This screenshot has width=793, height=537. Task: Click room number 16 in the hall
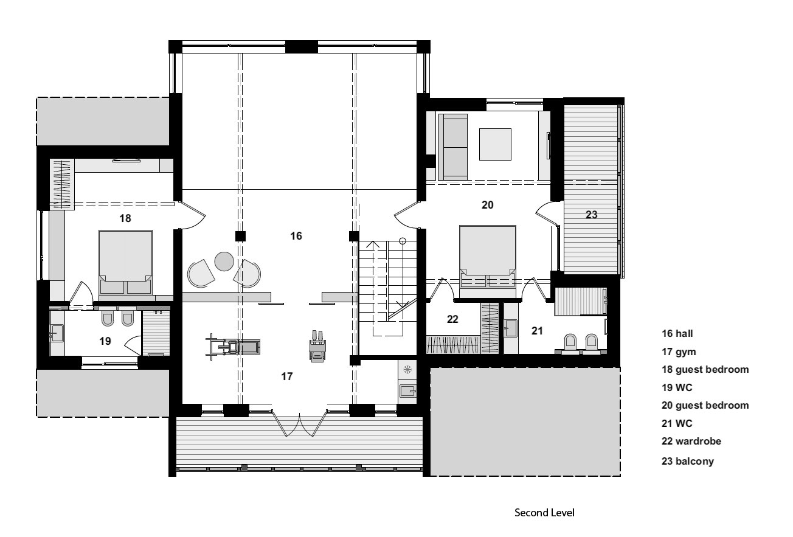(296, 236)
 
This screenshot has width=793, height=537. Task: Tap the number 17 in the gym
(287, 376)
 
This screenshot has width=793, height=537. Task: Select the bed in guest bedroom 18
(126, 262)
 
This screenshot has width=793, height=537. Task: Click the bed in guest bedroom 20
(488, 262)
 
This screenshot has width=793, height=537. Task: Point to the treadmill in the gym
(233, 347)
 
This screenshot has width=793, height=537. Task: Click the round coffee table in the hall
(224, 262)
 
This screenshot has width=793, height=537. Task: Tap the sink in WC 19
(57, 333)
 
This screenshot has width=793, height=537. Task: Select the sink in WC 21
(510, 328)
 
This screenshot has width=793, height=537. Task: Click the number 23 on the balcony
(591, 215)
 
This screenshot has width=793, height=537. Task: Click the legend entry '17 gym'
(679, 352)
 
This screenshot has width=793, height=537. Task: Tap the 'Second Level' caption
(544, 513)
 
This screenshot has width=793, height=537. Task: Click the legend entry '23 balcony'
(688, 461)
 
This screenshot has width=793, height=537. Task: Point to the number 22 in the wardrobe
(452, 319)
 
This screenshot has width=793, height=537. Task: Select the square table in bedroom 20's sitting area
(495, 144)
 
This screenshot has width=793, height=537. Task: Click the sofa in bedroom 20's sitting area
(453, 147)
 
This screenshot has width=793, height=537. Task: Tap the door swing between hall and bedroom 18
(193, 215)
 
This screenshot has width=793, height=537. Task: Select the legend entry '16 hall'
(677, 333)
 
